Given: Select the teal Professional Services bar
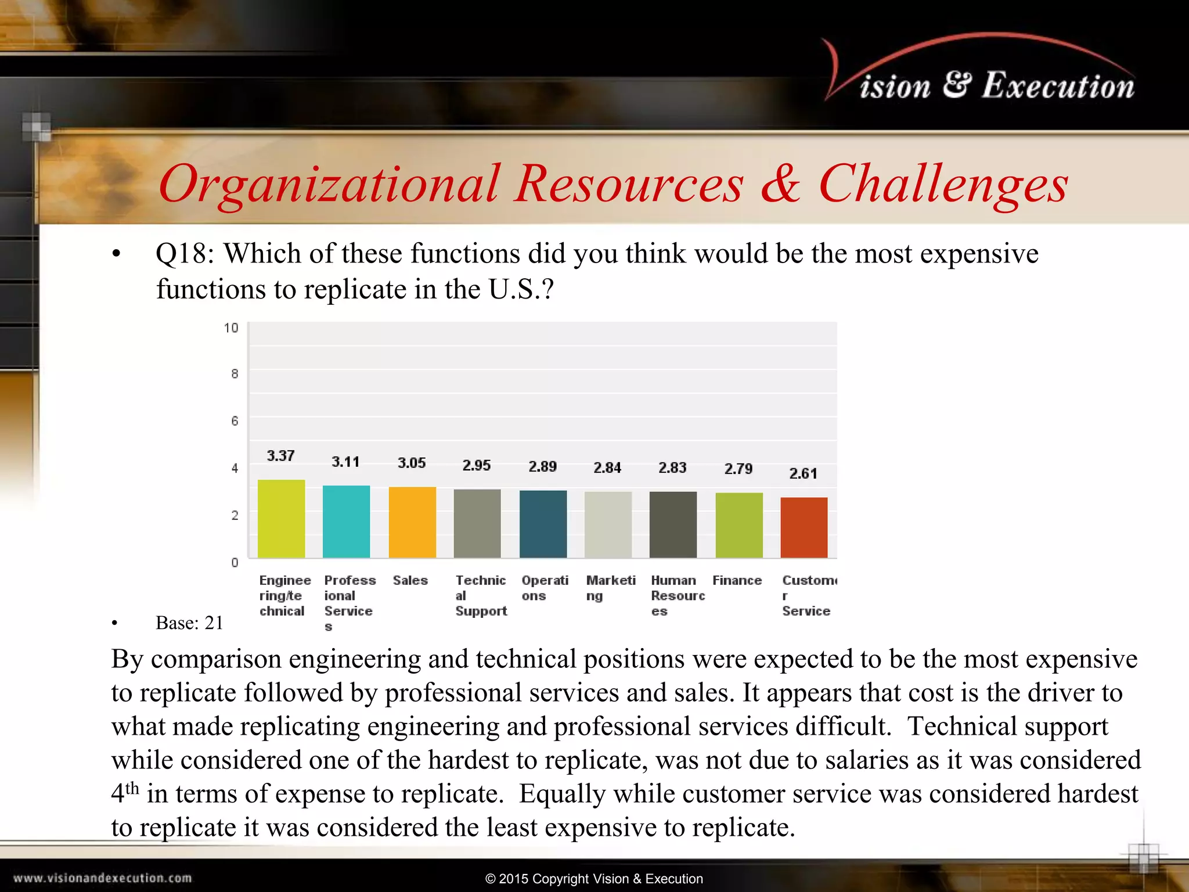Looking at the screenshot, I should coord(346,521).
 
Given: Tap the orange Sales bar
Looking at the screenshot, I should coord(412,522).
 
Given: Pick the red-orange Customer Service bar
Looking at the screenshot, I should coord(804,527).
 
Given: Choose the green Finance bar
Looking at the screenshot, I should coord(739,525).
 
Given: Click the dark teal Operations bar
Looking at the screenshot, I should coord(543,524).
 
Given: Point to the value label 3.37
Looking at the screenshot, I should coord(281,456).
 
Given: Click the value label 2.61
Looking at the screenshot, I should coord(803,474).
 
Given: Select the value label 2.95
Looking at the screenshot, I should coord(477,466).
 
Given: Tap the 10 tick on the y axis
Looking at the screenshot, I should coord(231,328).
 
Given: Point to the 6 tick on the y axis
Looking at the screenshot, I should coord(235,421).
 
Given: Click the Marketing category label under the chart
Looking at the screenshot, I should coord(610,588).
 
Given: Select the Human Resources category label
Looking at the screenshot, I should coord(678,595).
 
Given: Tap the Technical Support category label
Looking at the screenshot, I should coord(481,595).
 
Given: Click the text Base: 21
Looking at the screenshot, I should coord(189,623).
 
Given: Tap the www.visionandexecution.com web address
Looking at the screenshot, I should coord(103,878).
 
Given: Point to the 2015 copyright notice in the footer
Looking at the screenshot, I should coord(594,879).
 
